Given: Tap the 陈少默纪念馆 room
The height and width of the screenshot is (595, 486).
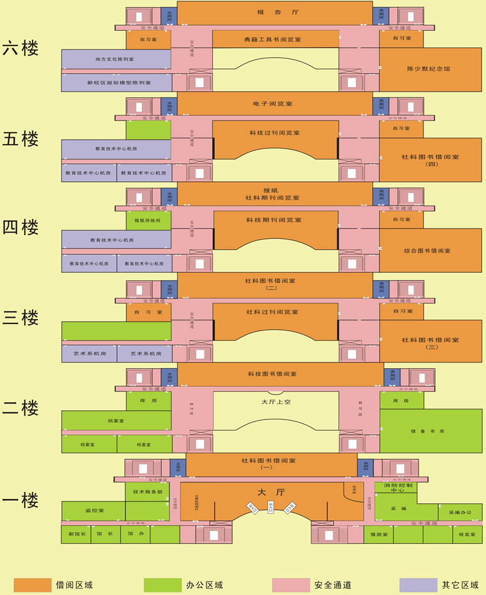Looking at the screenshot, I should [429, 69].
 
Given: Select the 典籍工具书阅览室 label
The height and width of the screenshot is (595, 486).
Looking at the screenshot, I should [276, 40].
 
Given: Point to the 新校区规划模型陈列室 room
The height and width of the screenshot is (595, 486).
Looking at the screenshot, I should [117, 83].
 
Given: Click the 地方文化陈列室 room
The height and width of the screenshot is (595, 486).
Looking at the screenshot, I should [116, 59].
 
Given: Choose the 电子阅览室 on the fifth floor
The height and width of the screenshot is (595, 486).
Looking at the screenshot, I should [274, 103].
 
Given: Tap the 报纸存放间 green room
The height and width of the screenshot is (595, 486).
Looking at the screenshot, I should [148, 220].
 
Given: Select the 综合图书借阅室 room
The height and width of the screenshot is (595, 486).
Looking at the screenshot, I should [429, 250].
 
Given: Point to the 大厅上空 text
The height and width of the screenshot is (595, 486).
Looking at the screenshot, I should [276, 402].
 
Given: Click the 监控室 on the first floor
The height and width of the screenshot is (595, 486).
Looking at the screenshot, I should [94, 510].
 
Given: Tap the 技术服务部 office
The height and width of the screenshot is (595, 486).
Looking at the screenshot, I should [147, 491].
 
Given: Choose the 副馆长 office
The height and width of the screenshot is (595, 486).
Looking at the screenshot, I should [75, 534].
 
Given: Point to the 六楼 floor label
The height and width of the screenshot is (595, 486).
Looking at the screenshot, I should [20, 49].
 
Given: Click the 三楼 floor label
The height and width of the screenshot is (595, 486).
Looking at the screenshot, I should [20, 318].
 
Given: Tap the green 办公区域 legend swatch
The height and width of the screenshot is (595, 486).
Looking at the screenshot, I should [162, 584].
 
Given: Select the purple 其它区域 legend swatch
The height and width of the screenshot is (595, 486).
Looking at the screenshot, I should [418, 584].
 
